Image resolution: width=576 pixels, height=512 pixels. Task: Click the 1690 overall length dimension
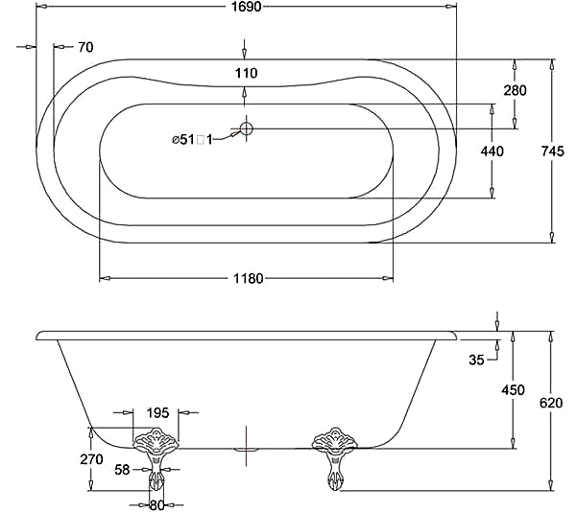[246, 7]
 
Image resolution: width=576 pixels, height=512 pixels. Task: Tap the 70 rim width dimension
[85, 47]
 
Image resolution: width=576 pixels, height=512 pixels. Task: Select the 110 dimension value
[246, 74]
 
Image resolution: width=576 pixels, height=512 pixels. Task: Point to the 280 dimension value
[515, 90]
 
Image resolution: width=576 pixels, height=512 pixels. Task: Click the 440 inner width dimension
[492, 151]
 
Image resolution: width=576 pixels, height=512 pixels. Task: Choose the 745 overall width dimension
[552, 151]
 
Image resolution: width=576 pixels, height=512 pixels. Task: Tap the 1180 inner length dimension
[249, 279]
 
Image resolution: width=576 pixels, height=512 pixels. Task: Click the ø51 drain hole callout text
[192, 140]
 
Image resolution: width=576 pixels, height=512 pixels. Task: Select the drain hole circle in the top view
[247, 128]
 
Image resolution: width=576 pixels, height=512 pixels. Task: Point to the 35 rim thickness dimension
[476, 361]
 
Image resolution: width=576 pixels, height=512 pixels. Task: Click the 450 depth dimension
[513, 390]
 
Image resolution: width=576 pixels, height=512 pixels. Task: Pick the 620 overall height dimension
[551, 403]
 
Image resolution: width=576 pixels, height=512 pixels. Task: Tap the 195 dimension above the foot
[157, 413]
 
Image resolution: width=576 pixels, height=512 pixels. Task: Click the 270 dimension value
[91, 459]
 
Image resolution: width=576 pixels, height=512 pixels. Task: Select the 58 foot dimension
[122, 470]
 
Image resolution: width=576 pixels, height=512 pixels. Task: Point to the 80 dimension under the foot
[156, 505]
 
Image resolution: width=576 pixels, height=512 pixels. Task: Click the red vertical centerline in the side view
[246, 446]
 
